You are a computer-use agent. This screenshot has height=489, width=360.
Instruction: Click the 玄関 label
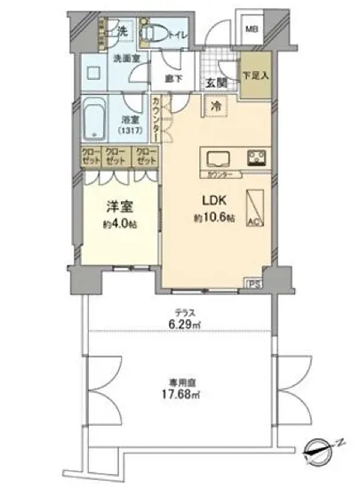click(x=215, y=83)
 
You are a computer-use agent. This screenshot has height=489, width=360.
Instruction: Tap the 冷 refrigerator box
click(x=216, y=106)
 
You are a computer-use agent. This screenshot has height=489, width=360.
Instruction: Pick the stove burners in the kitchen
click(x=258, y=159)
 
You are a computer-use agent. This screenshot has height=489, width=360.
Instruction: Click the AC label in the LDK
click(x=253, y=221)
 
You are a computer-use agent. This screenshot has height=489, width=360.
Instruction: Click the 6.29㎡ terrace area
click(x=184, y=325)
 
